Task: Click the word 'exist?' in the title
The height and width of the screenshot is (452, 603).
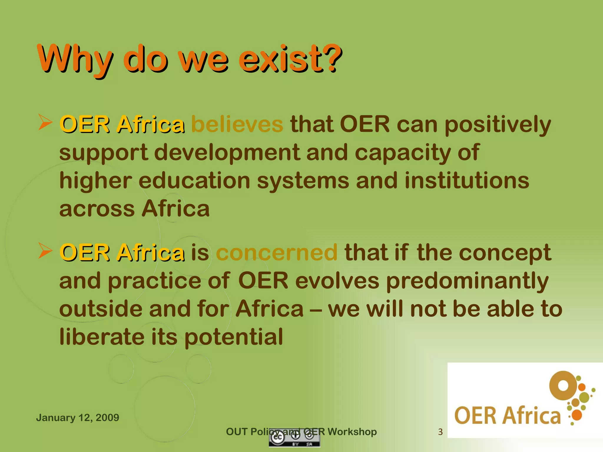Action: coord(290,59)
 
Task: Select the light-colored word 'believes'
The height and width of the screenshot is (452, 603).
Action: coord(237,124)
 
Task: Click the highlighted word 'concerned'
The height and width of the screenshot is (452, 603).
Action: coord(277,252)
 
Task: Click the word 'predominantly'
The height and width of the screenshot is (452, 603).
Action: coord(467,281)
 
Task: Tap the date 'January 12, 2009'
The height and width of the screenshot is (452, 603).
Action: coord(77,418)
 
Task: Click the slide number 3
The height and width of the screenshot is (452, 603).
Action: coord(440,432)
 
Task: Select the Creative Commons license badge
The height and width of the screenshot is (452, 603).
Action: coord(294,439)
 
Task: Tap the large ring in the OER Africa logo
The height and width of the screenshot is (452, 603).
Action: coord(563,385)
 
